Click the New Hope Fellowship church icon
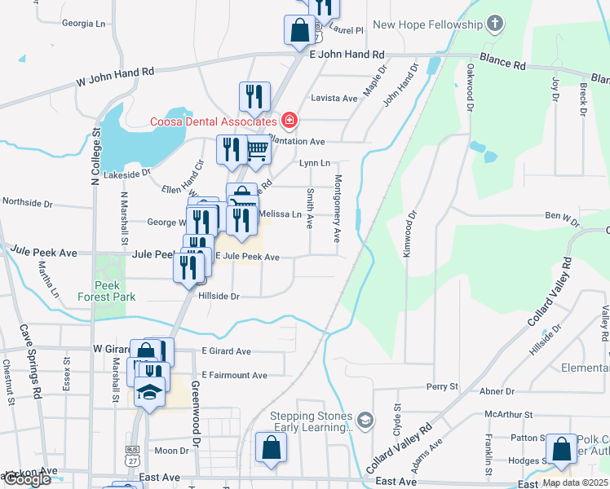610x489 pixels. point(494,24)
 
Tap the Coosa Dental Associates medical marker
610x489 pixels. point(288,121)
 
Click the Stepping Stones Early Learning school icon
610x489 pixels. point(366,421)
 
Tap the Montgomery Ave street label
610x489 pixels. point(337,209)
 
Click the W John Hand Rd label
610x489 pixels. point(114,77)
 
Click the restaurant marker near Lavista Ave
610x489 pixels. point(254,97)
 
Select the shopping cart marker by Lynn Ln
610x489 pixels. point(258,152)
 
